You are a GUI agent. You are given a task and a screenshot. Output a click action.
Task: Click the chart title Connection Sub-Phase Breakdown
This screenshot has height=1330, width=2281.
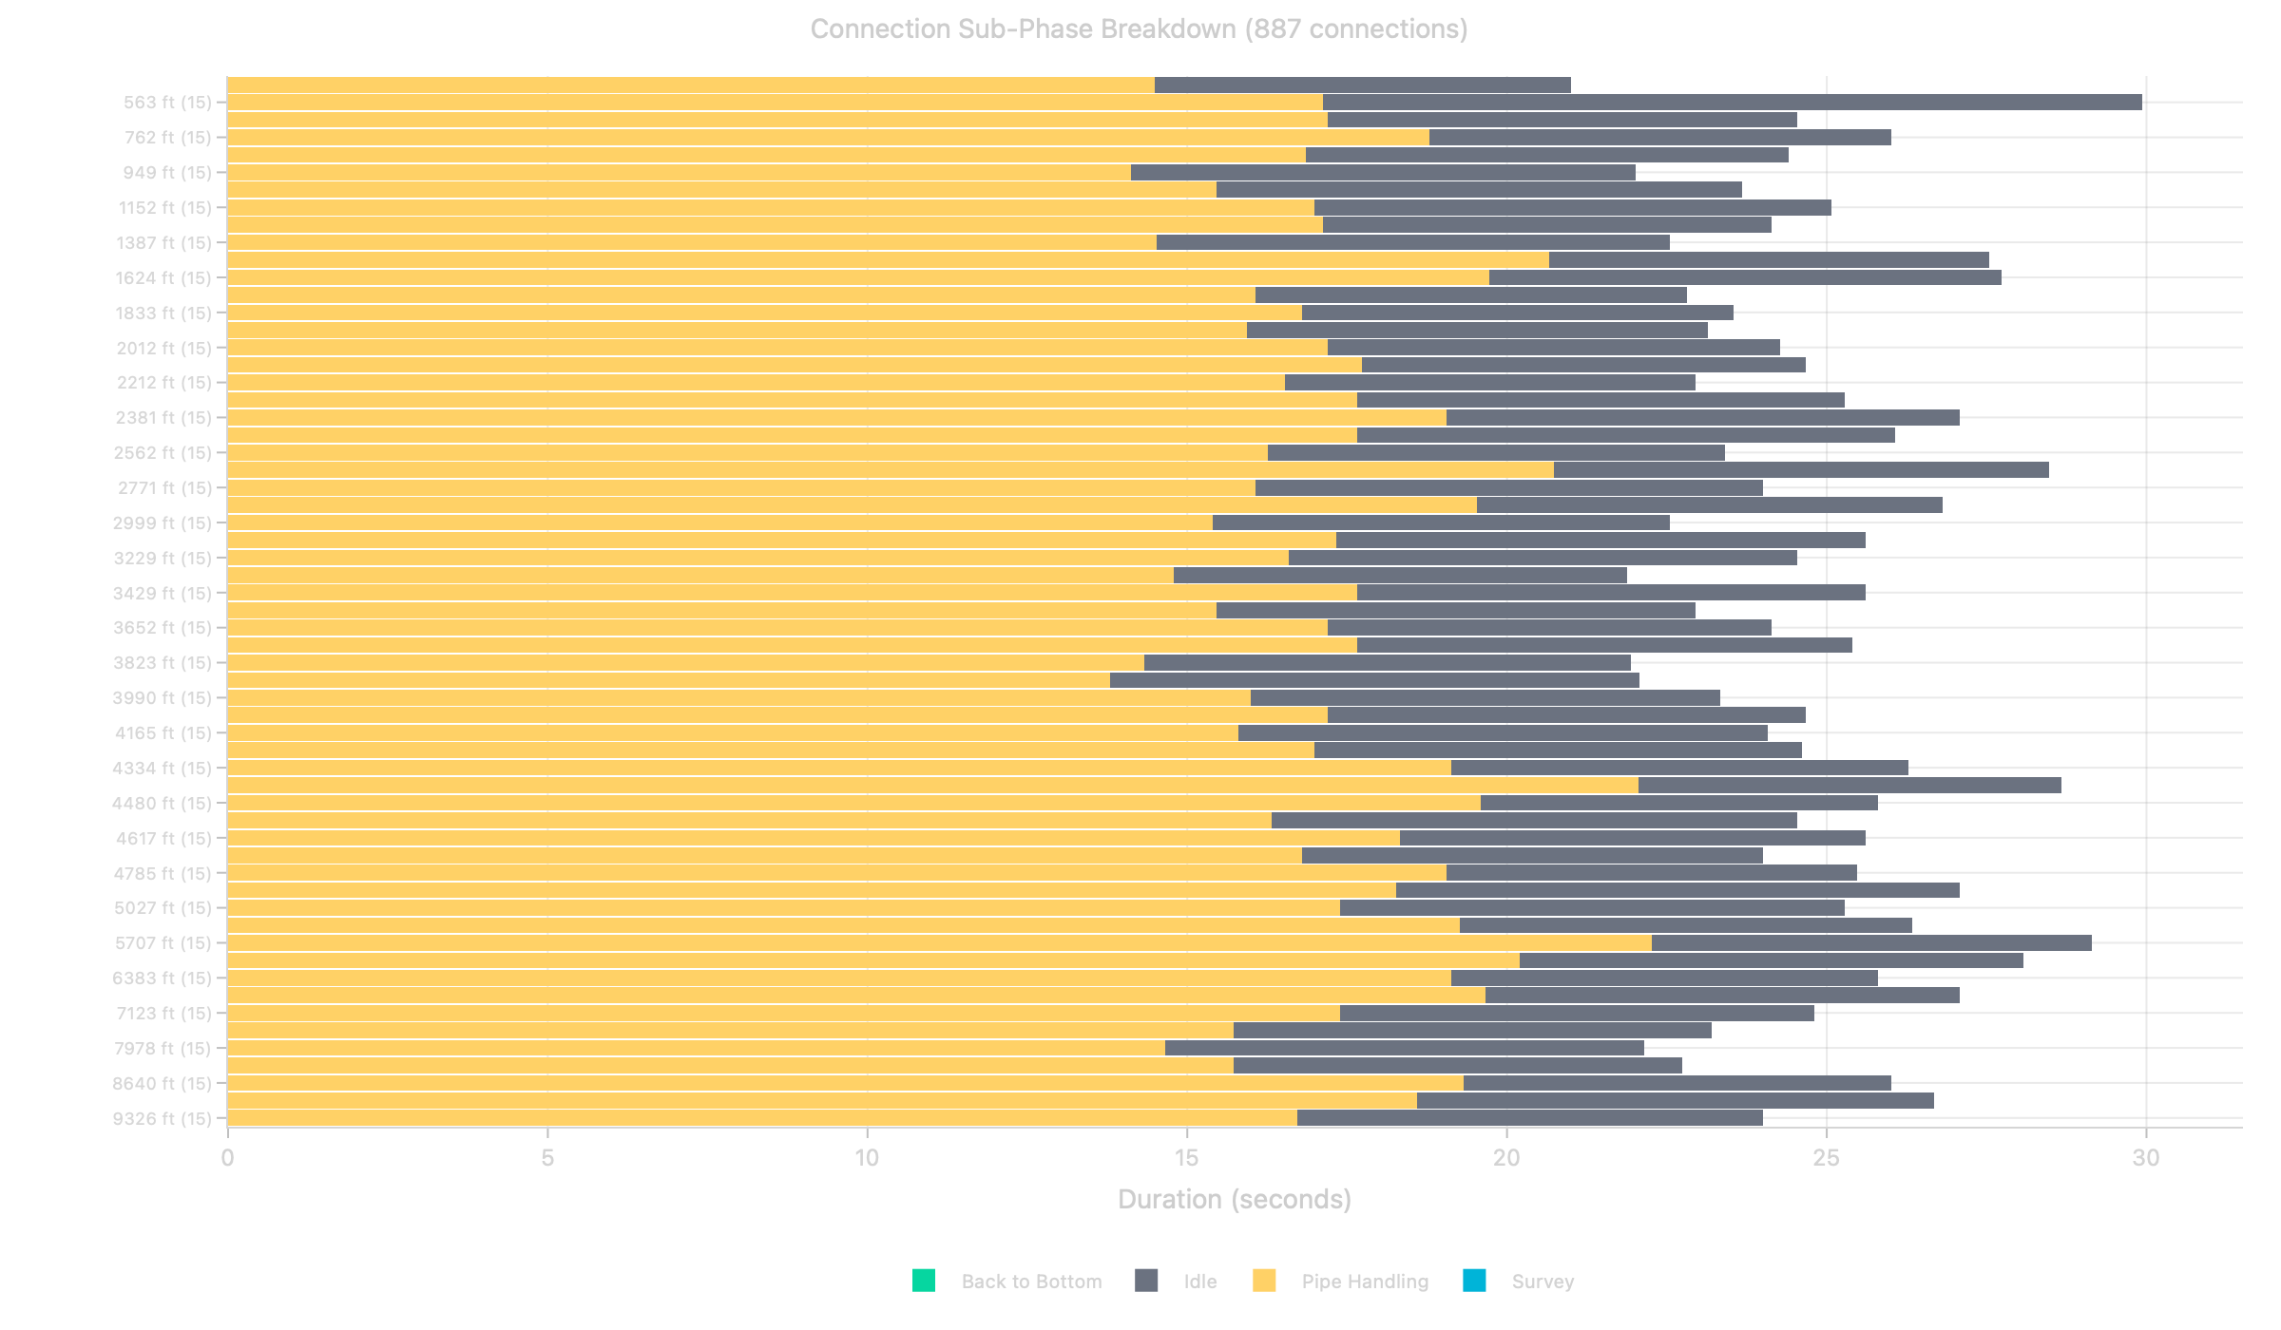pyautogui.click(x=1139, y=29)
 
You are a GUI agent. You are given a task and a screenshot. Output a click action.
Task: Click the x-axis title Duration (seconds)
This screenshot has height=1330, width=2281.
pyautogui.click(x=1234, y=1199)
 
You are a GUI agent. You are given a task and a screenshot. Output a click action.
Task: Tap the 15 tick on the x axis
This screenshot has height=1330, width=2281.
pyautogui.click(x=1186, y=1158)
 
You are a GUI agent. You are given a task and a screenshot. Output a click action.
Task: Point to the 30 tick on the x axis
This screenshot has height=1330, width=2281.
pyautogui.click(x=2145, y=1158)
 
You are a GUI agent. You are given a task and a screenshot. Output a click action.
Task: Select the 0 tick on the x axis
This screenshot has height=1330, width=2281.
pyautogui.click(x=227, y=1158)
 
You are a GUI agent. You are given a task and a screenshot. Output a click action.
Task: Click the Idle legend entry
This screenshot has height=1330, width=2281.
pyautogui.click(x=1199, y=1282)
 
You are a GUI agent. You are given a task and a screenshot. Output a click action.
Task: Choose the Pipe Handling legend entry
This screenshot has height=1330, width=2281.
pyautogui.click(x=1364, y=1282)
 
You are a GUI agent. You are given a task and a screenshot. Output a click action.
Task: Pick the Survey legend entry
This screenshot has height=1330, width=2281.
pyautogui.click(x=1542, y=1282)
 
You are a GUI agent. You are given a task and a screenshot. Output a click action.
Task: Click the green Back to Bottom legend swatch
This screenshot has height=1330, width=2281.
pyautogui.click(x=923, y=1281)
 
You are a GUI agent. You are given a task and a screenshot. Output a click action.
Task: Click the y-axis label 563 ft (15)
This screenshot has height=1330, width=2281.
pyautogui.click(x=167, y=103)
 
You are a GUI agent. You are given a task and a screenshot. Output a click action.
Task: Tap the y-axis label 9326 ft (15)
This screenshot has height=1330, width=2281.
pyautogui.click(x=162, y=1118)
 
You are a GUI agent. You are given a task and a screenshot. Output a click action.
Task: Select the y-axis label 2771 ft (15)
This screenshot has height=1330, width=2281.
pyautogui.click(x=164, y=488)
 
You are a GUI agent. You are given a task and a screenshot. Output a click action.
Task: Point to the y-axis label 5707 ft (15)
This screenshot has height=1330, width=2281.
pyautogui.click(x=163, y=943)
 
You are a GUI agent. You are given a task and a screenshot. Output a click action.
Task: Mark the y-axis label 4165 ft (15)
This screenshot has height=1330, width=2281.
pyautogui.click(x=163, y=733)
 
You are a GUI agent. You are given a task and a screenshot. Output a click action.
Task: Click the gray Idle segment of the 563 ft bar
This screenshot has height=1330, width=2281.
pyautogui.click(x=1730, y=103)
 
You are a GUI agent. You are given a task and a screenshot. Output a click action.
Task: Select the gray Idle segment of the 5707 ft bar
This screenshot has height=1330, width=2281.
pyautogui.click(x=1870, y=943)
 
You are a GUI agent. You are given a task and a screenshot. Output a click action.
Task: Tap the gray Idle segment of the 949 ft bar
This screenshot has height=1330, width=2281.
pyautogui.click(x=1383, y=173)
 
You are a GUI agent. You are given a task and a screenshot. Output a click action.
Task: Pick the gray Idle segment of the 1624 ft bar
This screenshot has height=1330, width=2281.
pyautogui.click(x=1744, y=277)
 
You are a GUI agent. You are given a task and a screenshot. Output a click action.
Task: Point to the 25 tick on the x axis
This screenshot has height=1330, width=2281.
pyautogui.click(x=1826, y=1158)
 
